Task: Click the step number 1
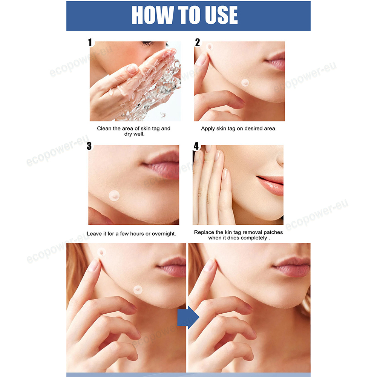click(x=90, y=42)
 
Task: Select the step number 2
click(x=198, y=42)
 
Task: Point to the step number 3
click(x=89, y=146)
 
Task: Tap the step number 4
click(x=196, y=146)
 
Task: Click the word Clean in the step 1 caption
click(x=104, y=129)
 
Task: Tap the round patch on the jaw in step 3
click(x=114, y=196)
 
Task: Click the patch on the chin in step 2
click(x=245, y=83)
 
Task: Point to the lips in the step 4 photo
click(x=270, y=185)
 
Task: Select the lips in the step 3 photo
click(x=161, y=164)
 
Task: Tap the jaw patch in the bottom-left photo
click(x=138, y=290)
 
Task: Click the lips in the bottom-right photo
click(x=292, y=267)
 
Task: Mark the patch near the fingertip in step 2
click(x=209, y=46)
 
